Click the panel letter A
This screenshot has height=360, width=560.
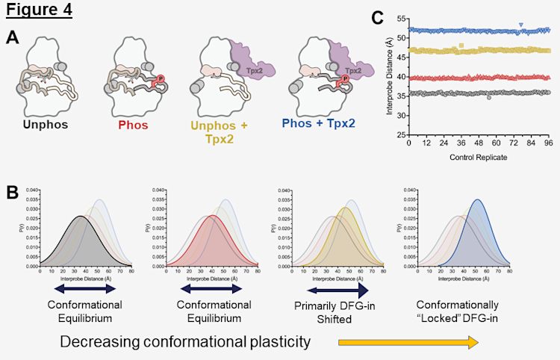tap(13, 37)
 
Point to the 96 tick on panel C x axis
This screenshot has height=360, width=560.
tap(549, 143)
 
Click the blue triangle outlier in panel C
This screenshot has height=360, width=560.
tap(521, 25)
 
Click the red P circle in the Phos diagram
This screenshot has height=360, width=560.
tap(158, 78)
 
